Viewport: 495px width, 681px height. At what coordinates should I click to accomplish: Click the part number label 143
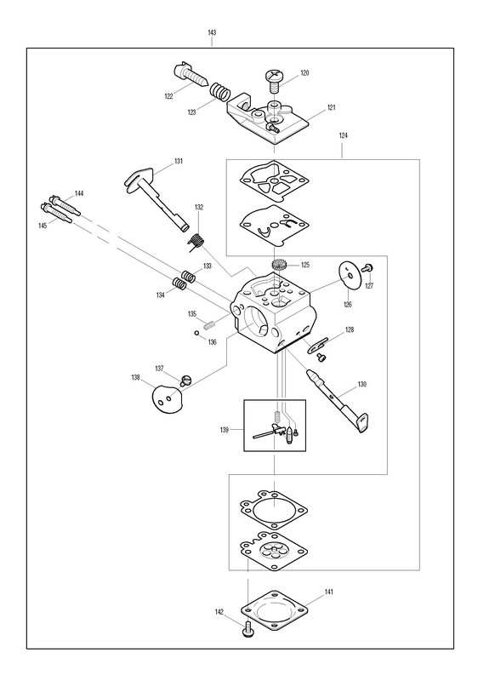pos(212,32)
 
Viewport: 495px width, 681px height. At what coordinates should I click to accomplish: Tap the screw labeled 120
pos(274,81)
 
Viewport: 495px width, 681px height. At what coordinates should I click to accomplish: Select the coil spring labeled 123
pos(220,93)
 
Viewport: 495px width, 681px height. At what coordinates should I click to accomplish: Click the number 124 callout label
pos(343,135)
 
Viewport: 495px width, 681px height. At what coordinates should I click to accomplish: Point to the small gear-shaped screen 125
pos(277,265)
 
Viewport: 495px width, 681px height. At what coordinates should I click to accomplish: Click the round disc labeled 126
pos(349,273)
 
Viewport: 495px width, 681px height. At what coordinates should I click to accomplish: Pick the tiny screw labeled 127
pos(367,268)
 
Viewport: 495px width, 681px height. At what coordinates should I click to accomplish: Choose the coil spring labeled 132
pos(197,242)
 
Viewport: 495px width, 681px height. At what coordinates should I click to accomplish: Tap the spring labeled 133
pos(188,276)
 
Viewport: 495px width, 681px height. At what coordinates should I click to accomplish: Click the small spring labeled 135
pos(209,325)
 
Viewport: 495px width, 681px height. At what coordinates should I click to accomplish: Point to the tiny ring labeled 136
pos(196,333)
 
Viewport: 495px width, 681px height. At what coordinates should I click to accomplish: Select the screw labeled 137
pos(185,381)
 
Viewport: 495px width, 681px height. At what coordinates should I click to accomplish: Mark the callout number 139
pos(225,430)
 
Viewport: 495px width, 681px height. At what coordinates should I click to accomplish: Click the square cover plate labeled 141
pos(274,611)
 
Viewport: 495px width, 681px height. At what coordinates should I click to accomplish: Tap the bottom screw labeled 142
pos(248,629)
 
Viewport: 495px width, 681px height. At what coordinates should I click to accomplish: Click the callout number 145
pos(43,226)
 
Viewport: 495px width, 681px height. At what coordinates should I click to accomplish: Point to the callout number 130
pos(362,384)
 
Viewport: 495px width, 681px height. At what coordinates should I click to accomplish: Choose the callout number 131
pos(179,161)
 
